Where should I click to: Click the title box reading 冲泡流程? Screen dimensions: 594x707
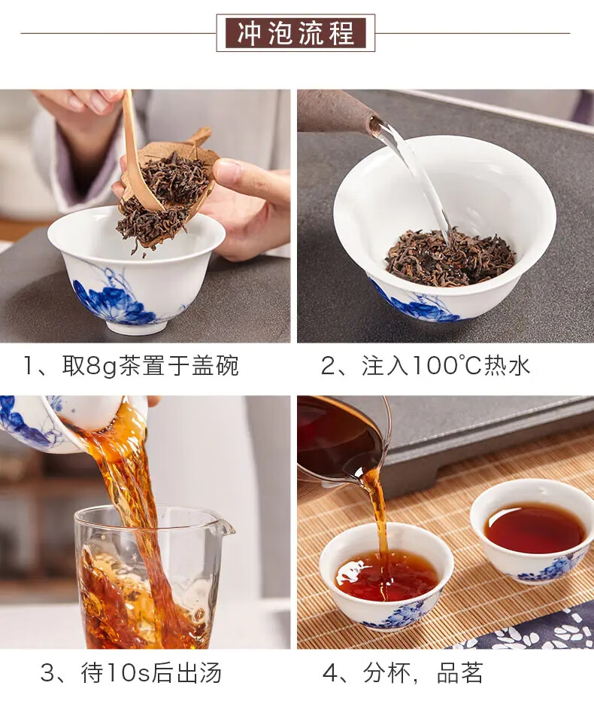tap(295, 33)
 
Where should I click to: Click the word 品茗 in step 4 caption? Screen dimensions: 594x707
tap(460, 673)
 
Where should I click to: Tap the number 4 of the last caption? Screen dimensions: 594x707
tap(330, 674)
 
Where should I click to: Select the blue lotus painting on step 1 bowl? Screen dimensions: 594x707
tap(111, 296)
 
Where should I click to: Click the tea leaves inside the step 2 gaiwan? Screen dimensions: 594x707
tap(450, 258)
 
